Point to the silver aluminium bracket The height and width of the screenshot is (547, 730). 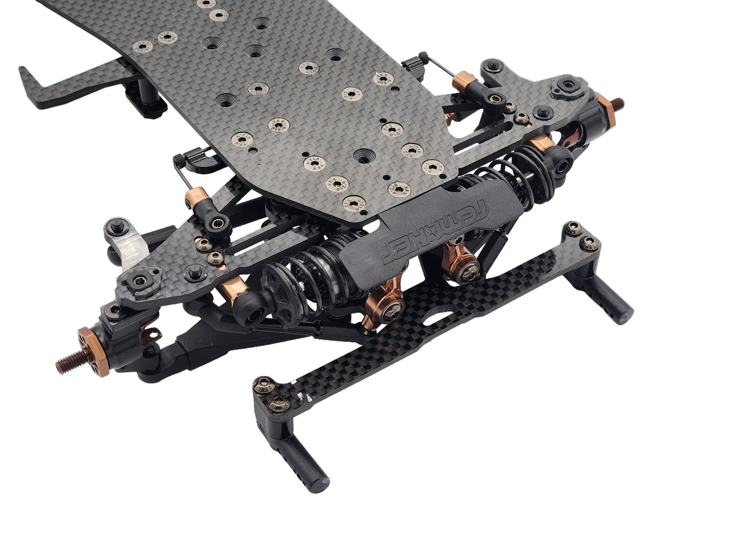(x=135, y=250)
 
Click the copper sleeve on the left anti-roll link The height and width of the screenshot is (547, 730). (x=197, y=198)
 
